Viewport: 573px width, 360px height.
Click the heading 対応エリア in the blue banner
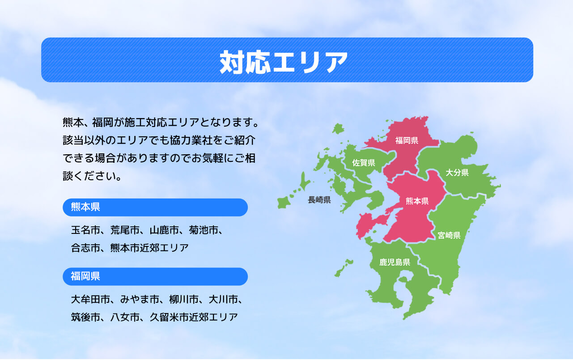(284, 62)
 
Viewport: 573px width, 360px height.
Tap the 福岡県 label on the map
(407, 140)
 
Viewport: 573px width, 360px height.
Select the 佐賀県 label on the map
(364, 163)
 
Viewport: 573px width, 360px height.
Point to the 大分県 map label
(457, 173)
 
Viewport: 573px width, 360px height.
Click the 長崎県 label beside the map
(319, 200)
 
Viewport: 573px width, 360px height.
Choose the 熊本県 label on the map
(417, 201)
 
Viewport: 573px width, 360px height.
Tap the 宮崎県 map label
(449, 235)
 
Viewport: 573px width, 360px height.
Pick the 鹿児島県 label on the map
(395, 262)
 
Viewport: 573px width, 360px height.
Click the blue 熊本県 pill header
(155, 208)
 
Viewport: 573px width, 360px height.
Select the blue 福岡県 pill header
(155, 277)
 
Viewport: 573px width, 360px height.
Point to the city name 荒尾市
(125, 230)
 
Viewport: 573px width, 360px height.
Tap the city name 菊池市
(204, 230)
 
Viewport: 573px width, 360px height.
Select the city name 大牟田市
(90, 299)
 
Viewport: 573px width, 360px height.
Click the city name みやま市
(140, 299)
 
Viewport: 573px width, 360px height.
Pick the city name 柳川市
(184, 299)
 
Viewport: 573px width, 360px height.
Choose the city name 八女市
(125, 318)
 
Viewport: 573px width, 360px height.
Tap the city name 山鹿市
(164, 230)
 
